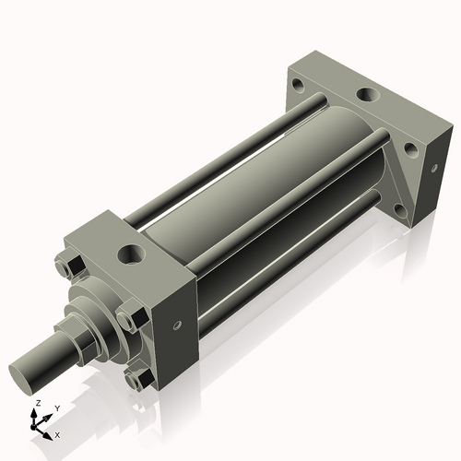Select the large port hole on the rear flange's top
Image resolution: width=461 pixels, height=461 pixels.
366,94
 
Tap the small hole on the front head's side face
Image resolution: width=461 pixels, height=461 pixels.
176,325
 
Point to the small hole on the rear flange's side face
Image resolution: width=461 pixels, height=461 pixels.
431,168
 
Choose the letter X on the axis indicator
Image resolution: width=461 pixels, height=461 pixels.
58,433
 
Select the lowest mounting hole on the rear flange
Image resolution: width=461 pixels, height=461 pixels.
400,210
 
